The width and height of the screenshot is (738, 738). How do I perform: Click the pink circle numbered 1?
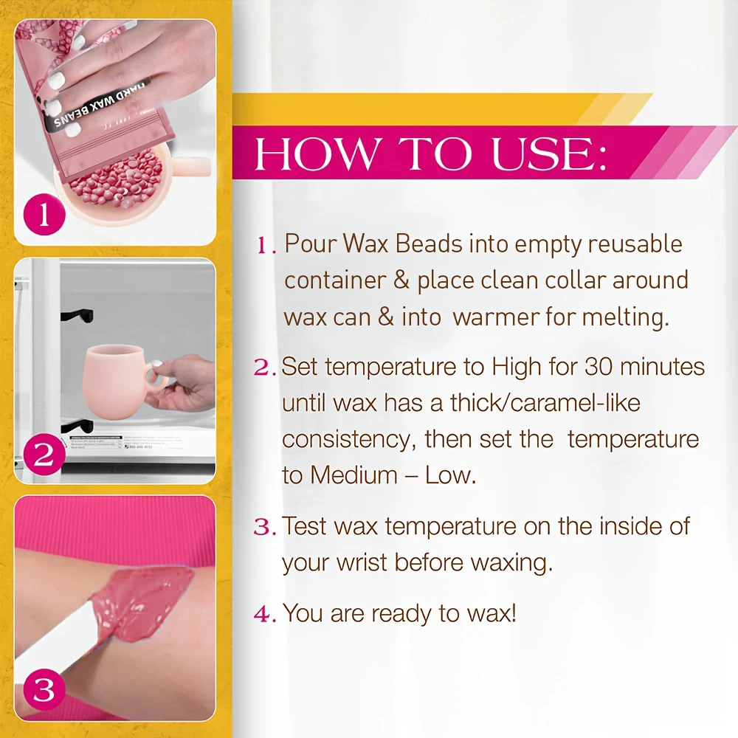click(44, 215)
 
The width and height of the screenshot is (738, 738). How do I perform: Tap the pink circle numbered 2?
click(44, 455)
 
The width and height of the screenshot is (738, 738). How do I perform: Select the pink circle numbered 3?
click(44, 690)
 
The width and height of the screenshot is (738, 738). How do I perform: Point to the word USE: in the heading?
click(549, 154)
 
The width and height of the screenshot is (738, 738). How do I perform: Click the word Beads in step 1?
click(429, 244)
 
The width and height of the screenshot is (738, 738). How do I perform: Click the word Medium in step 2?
click(354, 475)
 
